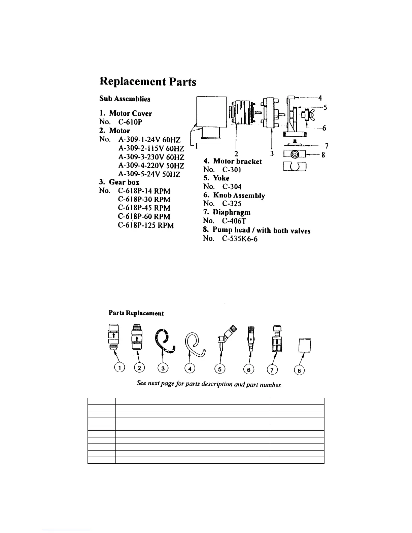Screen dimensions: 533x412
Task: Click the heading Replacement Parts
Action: pos(147,82)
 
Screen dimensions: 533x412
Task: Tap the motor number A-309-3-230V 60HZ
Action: pos(151,157)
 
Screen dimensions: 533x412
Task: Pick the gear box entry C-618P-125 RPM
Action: pos(146,225)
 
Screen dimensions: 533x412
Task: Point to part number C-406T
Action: pos(234,221)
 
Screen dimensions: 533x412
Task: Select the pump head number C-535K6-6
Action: pos(240,239)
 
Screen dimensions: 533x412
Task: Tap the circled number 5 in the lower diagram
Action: pos(220,369)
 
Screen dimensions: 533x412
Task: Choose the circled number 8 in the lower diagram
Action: pos(299,370)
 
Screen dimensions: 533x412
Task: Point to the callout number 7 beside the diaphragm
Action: pos(326,146)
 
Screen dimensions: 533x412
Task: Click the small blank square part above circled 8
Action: pos(305,345)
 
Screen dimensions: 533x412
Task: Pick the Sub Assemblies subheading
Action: pos(125,99)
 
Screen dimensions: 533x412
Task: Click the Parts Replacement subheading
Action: pos(136,313)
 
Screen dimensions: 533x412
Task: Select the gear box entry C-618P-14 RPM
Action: pos(144,191)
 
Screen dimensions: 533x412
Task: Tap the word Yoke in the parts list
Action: pos(221,178)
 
